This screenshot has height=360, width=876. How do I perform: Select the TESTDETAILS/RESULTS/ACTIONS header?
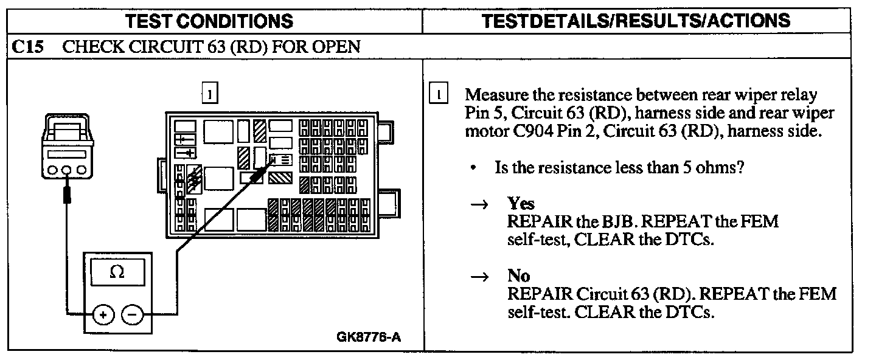[636, 21]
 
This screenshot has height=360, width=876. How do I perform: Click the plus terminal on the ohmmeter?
[103, 315]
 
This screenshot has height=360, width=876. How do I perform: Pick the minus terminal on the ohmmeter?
[132, 315]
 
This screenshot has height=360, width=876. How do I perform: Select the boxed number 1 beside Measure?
[439, 95]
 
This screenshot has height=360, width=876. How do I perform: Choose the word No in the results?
[518, 276]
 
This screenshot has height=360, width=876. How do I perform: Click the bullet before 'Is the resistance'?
[473, 168]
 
